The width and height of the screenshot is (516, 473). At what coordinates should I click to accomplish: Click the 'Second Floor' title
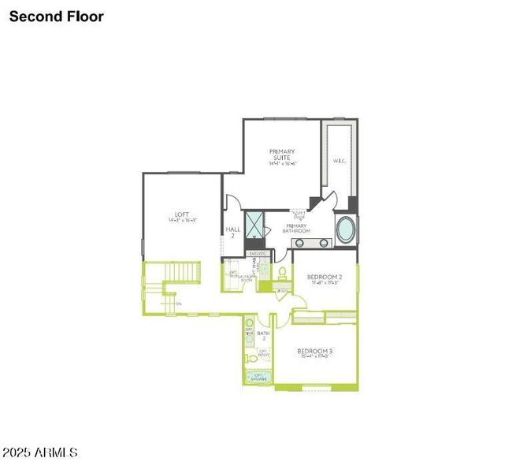click(x=57, y=16)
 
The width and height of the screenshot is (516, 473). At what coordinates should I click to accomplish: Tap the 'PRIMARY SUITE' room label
click(x=281, y=155)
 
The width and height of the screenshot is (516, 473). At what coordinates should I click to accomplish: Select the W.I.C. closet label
click(x=340, y=161)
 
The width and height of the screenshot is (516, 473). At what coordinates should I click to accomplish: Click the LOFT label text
click(x=182, y=214)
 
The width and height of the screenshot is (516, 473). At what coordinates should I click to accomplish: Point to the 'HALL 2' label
click(x=233, y=233)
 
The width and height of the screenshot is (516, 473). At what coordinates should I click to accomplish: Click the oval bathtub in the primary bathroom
click(x=346, y=230)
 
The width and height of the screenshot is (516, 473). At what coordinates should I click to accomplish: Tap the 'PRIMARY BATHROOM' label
click(x=297, y=229)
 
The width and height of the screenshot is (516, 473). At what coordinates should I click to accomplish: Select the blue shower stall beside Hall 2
click(x=254, y=225)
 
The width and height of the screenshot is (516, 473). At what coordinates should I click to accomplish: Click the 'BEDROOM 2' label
click(x=324, y=277)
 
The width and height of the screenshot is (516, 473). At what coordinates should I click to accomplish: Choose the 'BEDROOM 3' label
click(x=314, y=351)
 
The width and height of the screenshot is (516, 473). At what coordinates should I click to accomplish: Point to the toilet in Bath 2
click(x=252, y=359)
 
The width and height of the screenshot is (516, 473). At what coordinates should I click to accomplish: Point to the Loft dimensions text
click(x=182, y=222)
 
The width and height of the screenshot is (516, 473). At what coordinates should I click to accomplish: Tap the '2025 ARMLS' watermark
click(x=39, y=453)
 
